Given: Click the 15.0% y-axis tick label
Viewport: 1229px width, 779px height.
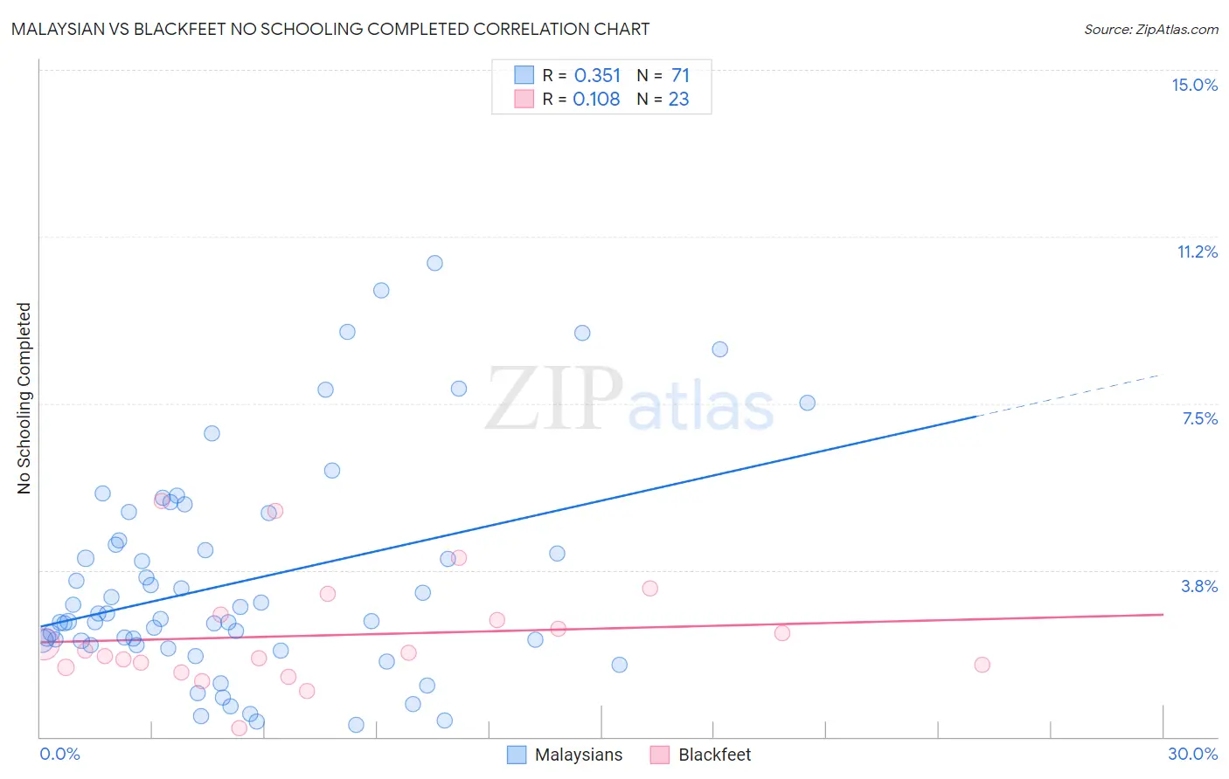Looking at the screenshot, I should click(x=1194, y=85).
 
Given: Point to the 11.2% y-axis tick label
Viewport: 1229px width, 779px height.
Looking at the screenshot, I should click(x=1197, y=252).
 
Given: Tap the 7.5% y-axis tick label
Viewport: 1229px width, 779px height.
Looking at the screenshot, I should click(x=1199, y=418).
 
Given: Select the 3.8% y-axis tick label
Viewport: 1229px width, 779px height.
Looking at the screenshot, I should click(x=1199, y=586).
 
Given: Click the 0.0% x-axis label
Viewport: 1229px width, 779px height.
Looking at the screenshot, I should click(x=59, y=754).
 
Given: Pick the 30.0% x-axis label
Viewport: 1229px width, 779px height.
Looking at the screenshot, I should click(x=1192, y=754).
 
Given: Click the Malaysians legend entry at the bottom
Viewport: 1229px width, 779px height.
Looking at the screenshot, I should click(x=578, y=755).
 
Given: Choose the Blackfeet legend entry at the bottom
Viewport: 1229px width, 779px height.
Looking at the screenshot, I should click(x=714, y=755).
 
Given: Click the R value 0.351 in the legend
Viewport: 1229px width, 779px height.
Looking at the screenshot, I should click(x=597, y=76).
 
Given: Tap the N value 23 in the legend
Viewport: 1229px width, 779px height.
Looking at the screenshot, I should click(x=678, y=100).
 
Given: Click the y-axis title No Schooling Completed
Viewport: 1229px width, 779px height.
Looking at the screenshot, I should click(x=24, y=398).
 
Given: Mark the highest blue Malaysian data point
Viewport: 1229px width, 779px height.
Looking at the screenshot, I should click(x=434, y=263).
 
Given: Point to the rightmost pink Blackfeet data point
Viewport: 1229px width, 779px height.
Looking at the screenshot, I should click(x=982, y=665).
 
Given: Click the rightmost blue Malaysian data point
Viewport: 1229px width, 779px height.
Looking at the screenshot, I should click(x=807, y=403).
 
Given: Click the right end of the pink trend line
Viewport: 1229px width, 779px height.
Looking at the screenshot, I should click(x=1162, y=614).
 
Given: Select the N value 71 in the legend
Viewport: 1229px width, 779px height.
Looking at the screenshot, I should click(x=680, y=76).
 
